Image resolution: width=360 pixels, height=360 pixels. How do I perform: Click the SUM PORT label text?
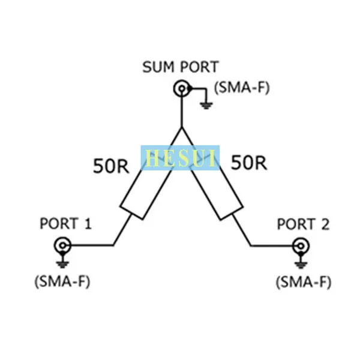181,67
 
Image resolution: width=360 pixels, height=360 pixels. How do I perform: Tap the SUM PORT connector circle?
182,88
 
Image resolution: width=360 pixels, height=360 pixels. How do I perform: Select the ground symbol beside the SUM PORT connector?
206,106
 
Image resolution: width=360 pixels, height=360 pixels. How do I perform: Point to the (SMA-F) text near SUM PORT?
242,88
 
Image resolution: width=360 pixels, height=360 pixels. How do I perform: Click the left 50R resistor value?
111,166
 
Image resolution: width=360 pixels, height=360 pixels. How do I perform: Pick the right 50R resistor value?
249,163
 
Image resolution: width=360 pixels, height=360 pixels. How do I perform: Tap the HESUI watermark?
180,158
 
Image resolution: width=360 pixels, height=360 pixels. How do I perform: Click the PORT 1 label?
66,223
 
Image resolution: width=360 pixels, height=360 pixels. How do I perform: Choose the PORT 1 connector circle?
62,245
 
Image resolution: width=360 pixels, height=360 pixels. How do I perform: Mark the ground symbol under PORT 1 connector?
62,264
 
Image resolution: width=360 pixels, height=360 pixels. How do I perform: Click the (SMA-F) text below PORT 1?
62,281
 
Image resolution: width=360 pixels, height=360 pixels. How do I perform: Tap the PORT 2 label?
303,224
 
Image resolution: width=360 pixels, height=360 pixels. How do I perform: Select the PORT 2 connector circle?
301,246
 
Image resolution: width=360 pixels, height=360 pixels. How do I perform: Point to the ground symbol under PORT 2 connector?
301,265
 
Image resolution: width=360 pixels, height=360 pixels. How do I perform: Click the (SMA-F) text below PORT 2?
304,282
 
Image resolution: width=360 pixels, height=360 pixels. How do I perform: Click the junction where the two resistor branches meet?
182,127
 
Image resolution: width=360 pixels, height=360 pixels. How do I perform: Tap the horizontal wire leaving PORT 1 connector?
92,245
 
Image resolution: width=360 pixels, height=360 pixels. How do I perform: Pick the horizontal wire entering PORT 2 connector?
271,246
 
